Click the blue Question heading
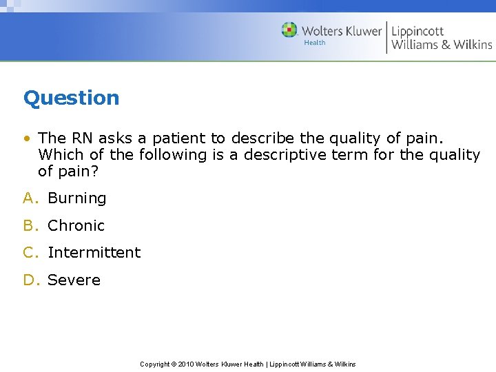coord(71,98)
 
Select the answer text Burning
coord(76,198)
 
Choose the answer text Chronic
coord(76,226)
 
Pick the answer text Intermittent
coord(94,253)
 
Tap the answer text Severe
coord(74,280)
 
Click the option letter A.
coord(29,198)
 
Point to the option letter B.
coord(29,226)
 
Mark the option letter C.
coord(29,253)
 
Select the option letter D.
coord(29,280)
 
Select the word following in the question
coord(172,155)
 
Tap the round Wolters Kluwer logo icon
coord(289,30)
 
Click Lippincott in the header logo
coord(417,31)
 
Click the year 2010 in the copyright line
coord(186,364)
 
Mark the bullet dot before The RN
coord(26,138)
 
